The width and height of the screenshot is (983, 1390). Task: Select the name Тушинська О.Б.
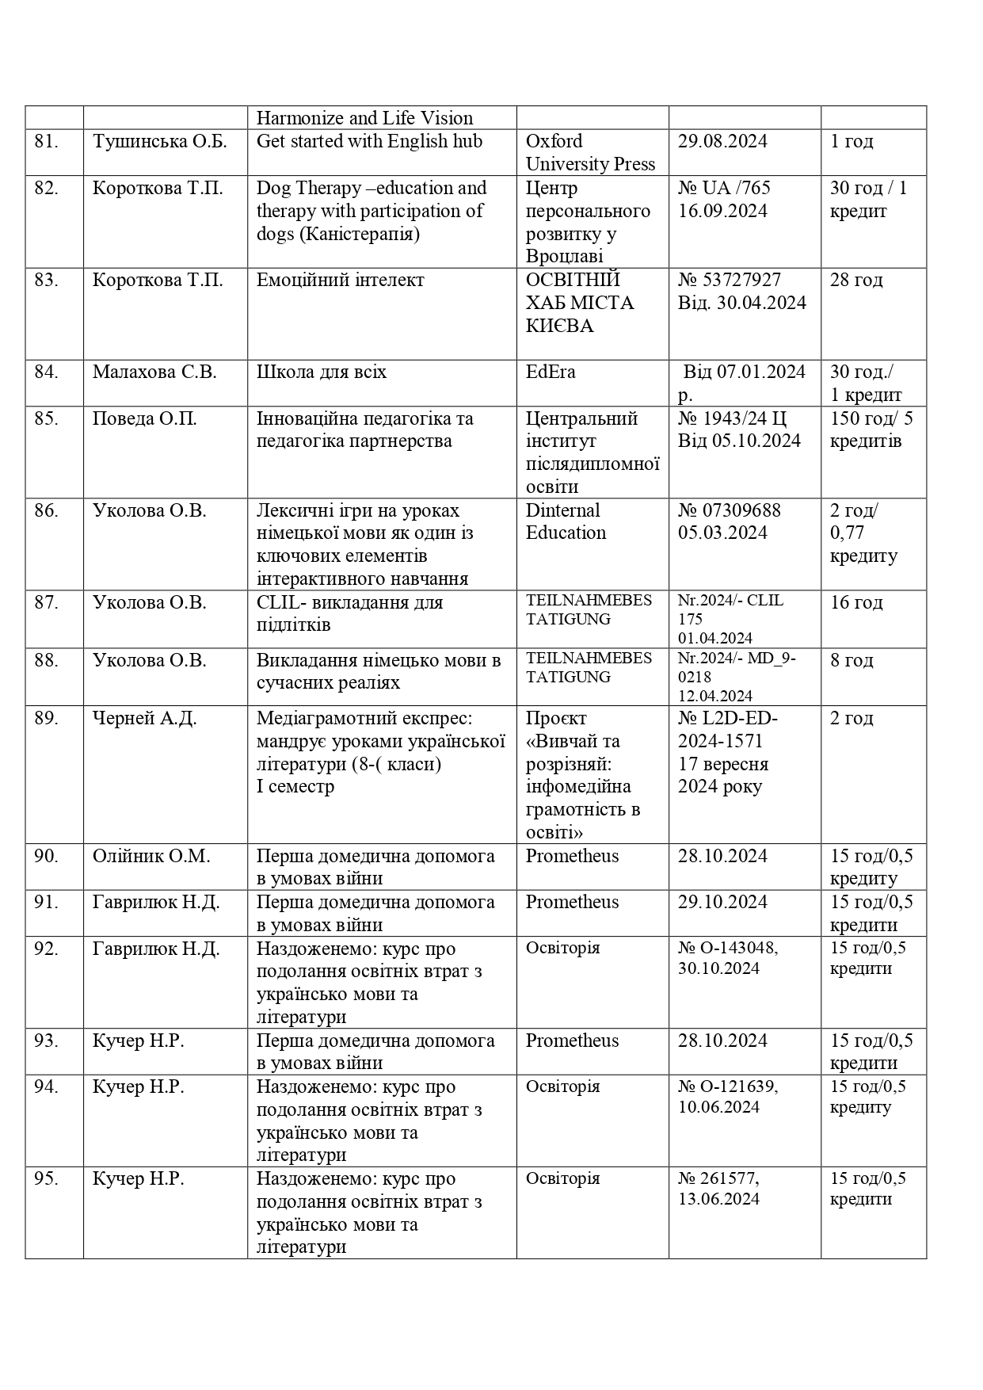159,142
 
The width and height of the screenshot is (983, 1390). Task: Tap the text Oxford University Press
590,153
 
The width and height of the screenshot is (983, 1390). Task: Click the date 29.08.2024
722,142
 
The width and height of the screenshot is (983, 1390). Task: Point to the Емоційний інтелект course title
340,281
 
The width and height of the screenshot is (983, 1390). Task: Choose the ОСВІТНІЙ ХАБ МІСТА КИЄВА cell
580,303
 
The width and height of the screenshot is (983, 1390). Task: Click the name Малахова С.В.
154,372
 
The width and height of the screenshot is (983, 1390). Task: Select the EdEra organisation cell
551,372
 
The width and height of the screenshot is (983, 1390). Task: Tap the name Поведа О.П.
144,418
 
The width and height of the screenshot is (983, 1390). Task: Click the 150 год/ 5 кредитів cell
871,430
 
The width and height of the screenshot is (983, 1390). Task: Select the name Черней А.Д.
144,719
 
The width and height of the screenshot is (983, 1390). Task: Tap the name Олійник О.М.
151,857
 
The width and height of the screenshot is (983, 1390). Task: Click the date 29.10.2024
722,903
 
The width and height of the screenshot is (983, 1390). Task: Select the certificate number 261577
727,1179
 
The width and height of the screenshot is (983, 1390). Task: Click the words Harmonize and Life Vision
364,119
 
